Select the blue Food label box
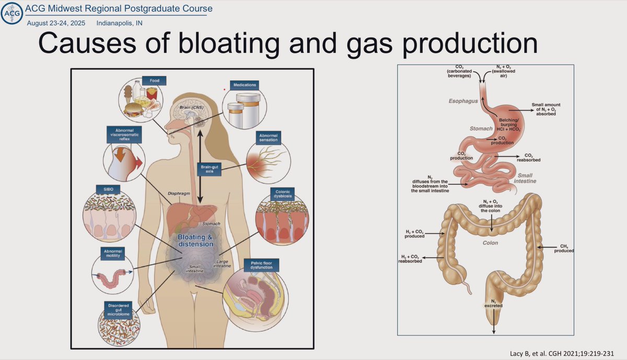(157, 81)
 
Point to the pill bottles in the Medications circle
(245, 109)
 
